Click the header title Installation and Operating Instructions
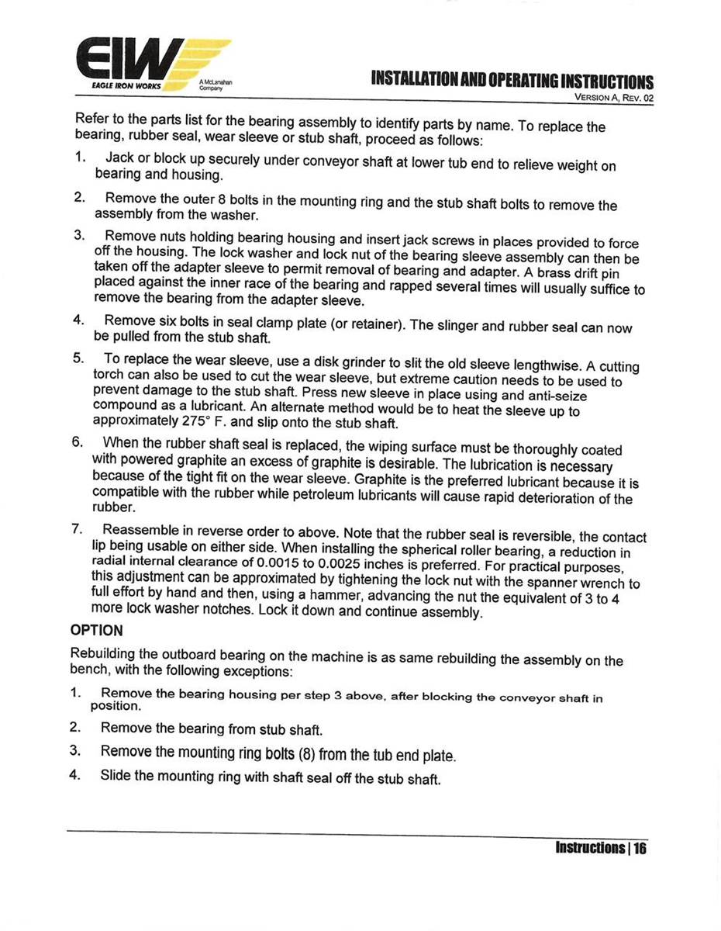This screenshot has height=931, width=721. click(512, 81)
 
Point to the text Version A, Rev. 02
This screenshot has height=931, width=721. click(614, 99)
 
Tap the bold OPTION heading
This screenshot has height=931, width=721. click(97, 630)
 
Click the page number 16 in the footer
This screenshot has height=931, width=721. click(640, 848)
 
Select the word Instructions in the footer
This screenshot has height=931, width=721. click(590, 848)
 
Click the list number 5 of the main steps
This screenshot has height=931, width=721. click(78, 358)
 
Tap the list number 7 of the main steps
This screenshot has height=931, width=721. click(78, 530)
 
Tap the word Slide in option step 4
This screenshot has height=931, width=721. click(116, 776)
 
